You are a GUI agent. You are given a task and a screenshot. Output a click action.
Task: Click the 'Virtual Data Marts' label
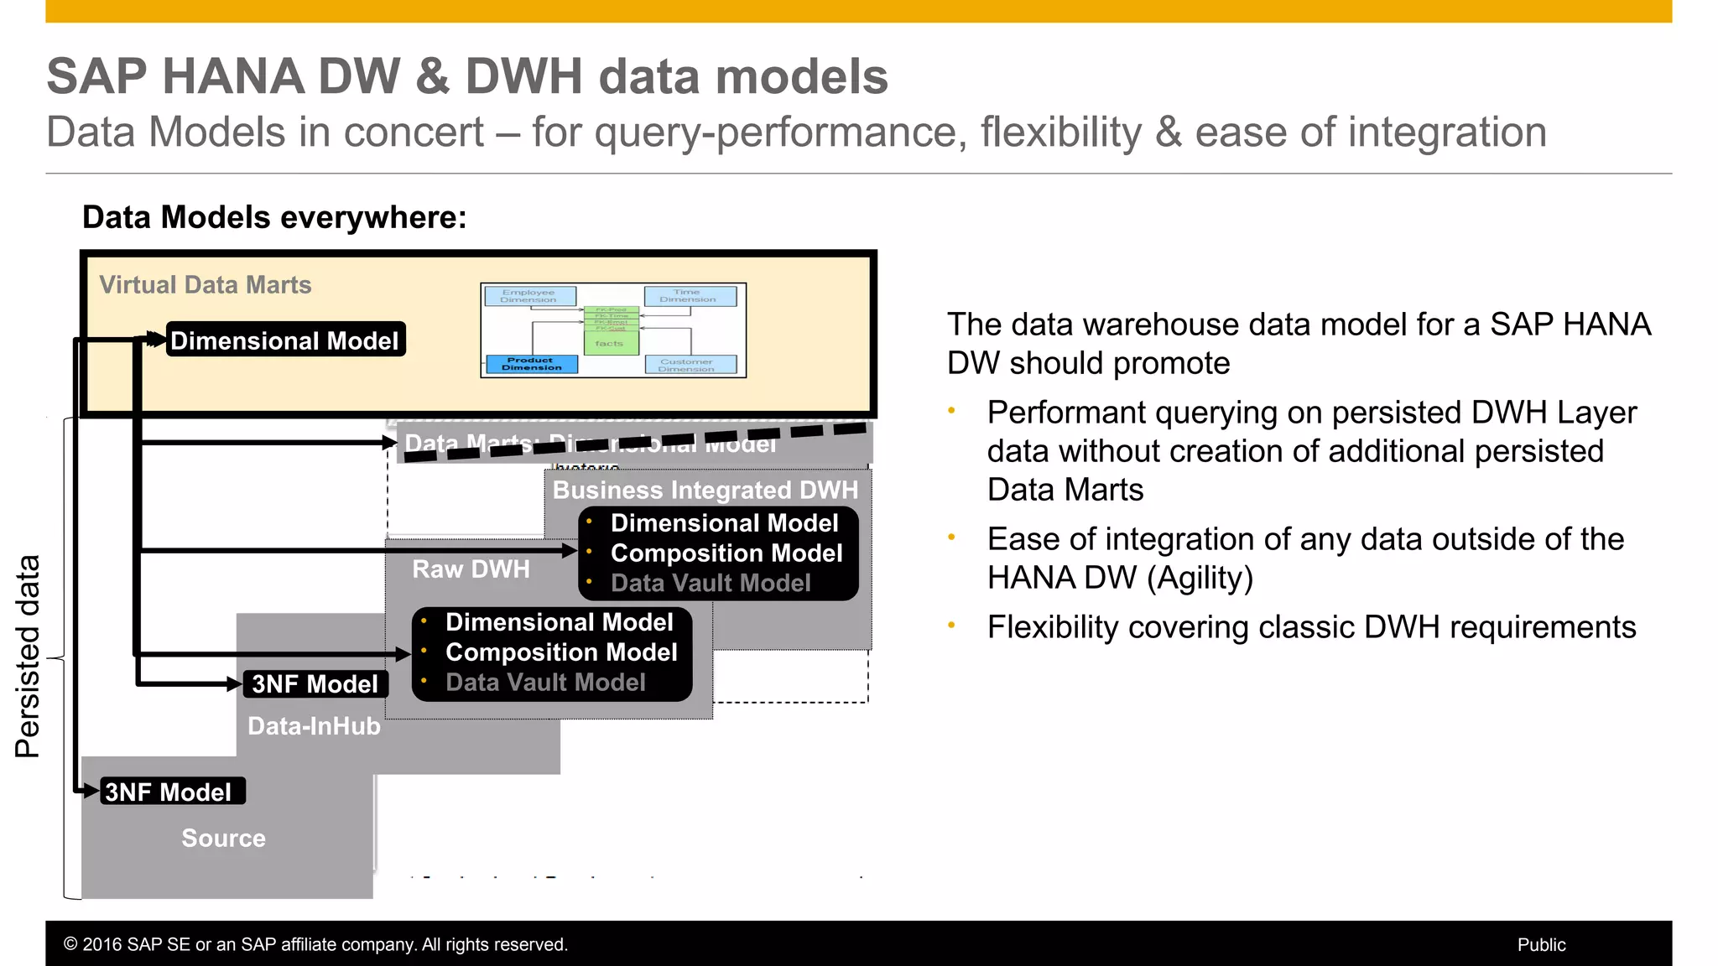pyautogui.click(x=205, y=285)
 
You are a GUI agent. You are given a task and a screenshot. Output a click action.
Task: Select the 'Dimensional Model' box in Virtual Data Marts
pyautogui.click(x=285, y=340)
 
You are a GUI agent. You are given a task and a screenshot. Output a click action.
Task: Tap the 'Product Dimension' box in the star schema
pyautogui.click(x=532, y=364)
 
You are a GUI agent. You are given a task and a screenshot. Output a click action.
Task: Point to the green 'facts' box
pyautogui.click(x=610, y=343)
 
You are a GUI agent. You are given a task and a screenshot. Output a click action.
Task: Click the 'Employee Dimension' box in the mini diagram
pyautogui.click(x=528, y=296)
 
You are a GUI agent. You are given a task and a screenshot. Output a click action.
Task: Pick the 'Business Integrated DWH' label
pyautogui.click(x=705, y=490)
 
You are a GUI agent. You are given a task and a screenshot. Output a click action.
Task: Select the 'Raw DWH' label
pyautogui.click(x=471, y=569)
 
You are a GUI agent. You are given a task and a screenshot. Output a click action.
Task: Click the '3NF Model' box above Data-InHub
pyautogui.click(x=315, y=684)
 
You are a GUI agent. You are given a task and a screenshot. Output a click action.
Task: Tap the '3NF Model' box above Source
pyautogui.click(x=169, y=792)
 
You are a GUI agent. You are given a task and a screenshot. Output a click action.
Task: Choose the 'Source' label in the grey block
pyautogui.click(x=223, y=838)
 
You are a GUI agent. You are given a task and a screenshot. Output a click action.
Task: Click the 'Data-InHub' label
pyautogui.click(x=314, y=726)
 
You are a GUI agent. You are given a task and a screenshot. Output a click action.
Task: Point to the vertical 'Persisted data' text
pyautogui.click(x=28, y=657)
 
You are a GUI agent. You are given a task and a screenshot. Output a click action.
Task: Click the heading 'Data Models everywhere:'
pyautogui.click(x=274, y=217)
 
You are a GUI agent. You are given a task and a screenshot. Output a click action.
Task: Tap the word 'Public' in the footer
pyautogui.click(x=1541, y=945)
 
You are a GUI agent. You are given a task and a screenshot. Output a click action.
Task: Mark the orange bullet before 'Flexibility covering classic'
pyautogui.click(x=951, y=626)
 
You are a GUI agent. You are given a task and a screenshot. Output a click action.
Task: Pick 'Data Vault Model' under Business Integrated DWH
pyautogui.click(x=710, y=583)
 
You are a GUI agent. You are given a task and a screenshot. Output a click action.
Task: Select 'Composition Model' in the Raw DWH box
pyautogui.click(x=560, y=652)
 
